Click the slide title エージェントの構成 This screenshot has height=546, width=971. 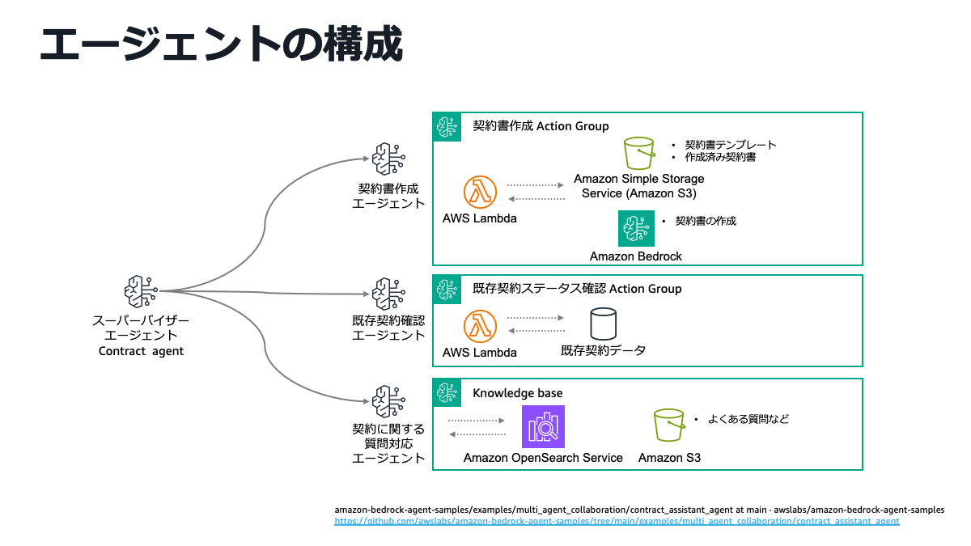(x=220, y=44)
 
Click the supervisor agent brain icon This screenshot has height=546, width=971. (x=141, y=292)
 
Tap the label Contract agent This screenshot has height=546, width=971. (x=141, y=351)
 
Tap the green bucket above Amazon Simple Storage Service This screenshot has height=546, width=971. (x=638, y=152)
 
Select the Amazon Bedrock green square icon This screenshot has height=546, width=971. (x=636, y=229)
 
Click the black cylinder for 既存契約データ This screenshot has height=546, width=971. (x=603, y=324)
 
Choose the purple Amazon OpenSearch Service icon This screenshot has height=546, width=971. (x=543, y=426)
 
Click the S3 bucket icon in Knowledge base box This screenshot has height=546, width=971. (x=669, y=425)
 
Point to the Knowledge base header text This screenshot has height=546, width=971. (x=517, y=393)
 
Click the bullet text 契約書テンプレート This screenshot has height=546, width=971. (x=730, y=145)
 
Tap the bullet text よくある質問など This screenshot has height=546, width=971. (x=748, y=419)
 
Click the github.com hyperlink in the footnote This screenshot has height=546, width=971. (x=617, y=522)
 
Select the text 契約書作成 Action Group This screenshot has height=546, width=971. (x=541, y=126)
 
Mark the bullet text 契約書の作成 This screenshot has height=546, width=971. (x=705, y=220)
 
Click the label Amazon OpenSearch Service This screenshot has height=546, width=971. (x=543, y=458)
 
